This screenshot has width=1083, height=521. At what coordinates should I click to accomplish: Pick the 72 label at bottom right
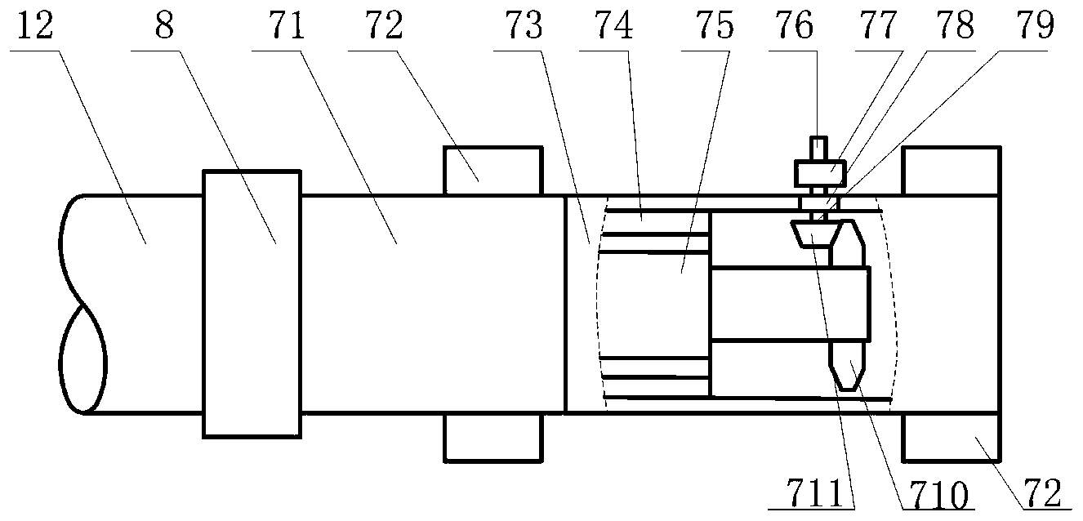point(1036,493)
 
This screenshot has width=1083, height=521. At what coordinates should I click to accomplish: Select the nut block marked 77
point(819,174)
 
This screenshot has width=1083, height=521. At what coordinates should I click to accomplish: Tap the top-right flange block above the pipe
point(951,171)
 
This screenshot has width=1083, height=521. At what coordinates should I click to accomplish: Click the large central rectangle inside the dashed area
point(789,303)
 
